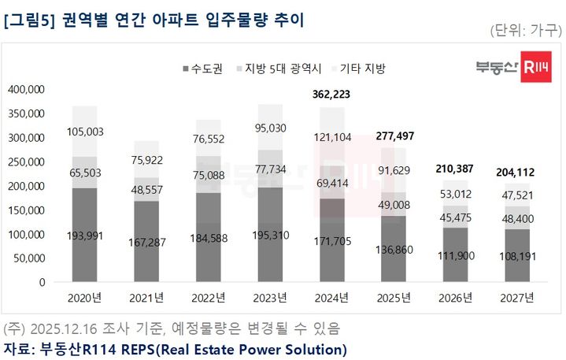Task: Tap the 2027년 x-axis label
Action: tap(516, 298)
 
